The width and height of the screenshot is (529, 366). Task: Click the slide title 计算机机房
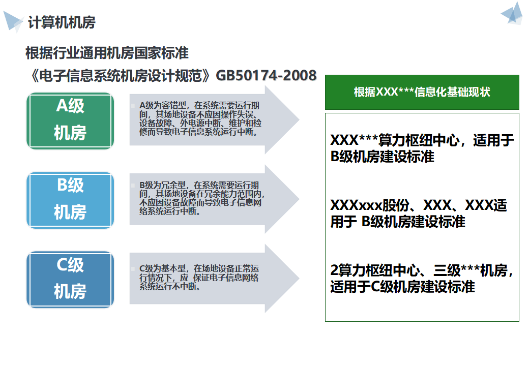62,22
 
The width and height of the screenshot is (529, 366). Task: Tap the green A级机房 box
70,120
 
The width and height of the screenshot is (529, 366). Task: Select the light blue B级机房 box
70,199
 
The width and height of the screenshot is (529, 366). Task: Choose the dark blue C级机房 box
70,279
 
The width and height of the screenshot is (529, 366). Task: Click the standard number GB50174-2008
266,75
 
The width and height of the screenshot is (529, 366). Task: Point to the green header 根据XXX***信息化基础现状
422,92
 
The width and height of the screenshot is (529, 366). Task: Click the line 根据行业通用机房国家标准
107,52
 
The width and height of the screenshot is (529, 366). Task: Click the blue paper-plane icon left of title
13,21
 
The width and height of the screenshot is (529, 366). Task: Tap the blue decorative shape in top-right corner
513,14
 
